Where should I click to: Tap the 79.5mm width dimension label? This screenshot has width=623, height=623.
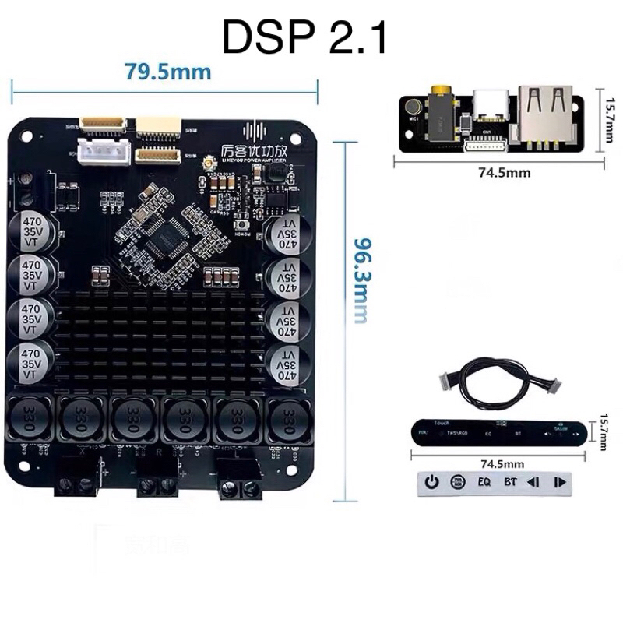(x=167, y=72)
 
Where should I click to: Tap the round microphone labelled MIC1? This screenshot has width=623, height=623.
(x=412, y=107)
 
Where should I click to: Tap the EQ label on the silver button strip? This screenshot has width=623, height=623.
(x=484, y=482)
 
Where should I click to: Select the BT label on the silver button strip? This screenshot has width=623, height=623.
(x=510, y=482)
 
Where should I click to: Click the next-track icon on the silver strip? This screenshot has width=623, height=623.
(x=559, y=482)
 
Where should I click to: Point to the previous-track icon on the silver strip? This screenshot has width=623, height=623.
(x=534, y=482)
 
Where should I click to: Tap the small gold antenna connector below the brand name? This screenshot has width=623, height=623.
(x=208, y=164)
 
